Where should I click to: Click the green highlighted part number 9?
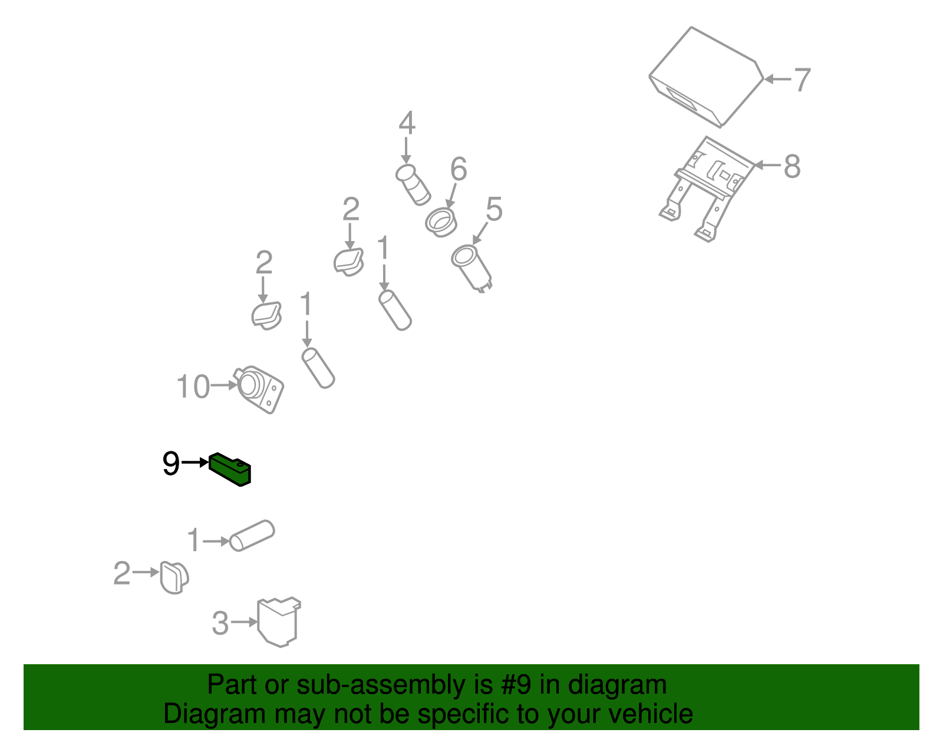tap(230, 469)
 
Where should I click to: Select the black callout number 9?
tap(171, 463)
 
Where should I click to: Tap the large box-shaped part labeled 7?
tap(706, 78)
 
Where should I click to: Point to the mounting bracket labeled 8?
tap(706, 189)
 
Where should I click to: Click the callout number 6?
tap(459, 169)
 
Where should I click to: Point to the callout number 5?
tap(494, 209)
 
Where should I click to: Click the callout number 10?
tap(193, 387)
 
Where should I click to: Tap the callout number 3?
tap(220, 623)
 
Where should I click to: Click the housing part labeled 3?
tap(279, 622)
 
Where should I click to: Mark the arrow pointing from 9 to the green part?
tap(195, 463)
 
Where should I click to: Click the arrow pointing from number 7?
tap(777, 80)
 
